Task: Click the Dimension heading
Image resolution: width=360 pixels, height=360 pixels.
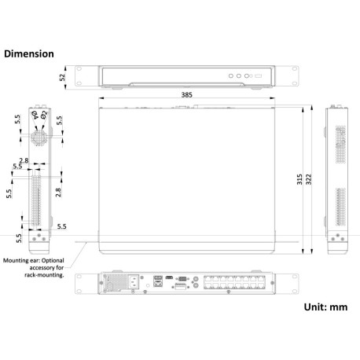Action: point(29,54)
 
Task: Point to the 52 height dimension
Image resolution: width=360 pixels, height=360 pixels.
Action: point(64,77)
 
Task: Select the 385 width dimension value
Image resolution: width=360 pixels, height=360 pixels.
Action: point(186,94)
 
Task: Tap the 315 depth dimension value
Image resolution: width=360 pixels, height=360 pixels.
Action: point(299,179)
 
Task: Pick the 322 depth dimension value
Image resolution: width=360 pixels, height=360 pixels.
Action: point(310,179)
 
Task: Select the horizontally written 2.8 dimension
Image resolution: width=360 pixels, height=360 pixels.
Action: point(24,160)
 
